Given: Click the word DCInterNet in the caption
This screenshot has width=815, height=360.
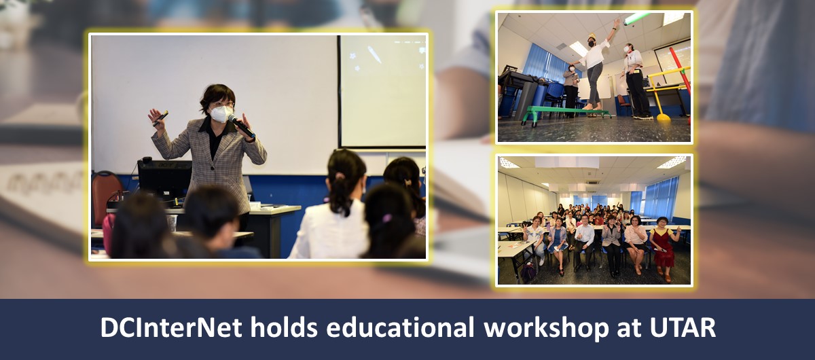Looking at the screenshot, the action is pyautogui.click(x=171, y=327).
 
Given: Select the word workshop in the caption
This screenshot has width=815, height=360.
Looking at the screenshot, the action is pyautogui.click(x=546, y=328).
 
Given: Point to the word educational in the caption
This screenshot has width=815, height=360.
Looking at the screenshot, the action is pyautogui.click(x=400, y=327).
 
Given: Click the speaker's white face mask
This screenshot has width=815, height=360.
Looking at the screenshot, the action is pyautogui.click(x=221, y=113).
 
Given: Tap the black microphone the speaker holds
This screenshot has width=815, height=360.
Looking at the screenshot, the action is pyautogui.click(x=241, y=126).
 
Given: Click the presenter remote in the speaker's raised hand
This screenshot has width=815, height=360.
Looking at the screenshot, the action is pyautogui.click(x=160, y=118).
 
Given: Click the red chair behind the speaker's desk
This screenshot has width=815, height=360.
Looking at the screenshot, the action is pyautogui.click(x=107, y=198).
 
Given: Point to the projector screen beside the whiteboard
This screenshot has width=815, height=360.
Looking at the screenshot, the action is pyautogui.click(x=383, y=91).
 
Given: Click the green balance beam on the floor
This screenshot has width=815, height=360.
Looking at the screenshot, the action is pyautogui.click(x=565, y=113).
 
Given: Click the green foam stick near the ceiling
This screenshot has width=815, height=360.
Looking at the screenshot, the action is pyautogui.click(x=637, y=18).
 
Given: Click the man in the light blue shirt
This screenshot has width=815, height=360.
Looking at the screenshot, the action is pyautogui.click(x=585, y=242).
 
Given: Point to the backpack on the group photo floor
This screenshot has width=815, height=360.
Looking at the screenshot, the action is pyautogui.click(x=528, y=272).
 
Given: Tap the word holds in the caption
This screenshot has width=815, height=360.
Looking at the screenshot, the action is pyautogui.click(x=284, y=327).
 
